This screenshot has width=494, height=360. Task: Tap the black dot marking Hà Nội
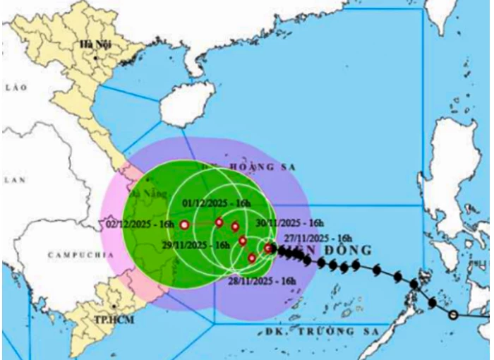pyautogui.click(x=95, y=56)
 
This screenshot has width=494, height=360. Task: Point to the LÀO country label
pyautogui.click(x=14, y=88)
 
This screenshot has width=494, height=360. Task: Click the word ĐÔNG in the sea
pyautogui.click(x=349, y=251)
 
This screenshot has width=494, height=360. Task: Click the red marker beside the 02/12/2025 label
pyautogui.click(x=184, y=225)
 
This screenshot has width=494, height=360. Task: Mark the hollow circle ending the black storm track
pyautogui.click(x=453, y=315)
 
